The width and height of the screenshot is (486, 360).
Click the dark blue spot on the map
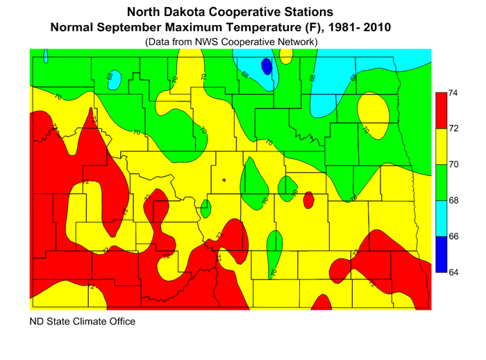[x=265, y=67]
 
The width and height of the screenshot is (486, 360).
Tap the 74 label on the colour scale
[x=451, y=92]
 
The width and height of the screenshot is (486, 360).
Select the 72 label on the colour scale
[x=451, y=129]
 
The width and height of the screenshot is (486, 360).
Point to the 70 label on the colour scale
[x=451, y=165]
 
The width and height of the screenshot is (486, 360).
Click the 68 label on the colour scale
[x=451, y=201]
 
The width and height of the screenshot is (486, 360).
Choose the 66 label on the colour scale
[x=451, y=237]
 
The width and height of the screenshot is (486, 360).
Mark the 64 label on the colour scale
[x=451, y=272]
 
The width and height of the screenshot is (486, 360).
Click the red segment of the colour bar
[x=439, y=111]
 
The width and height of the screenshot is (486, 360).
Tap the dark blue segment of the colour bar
[x=439, y=254]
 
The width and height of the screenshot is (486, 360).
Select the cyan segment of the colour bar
[x=439, y=218]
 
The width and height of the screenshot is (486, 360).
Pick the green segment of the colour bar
[x=439, y=182]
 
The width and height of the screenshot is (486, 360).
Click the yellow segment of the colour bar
[x=439, y=147]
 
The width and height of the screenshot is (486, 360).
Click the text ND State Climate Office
[x=82, y=322]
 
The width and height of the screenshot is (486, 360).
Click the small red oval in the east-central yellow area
[x=308, y=199]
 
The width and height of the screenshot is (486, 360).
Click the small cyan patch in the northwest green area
[x=117, y=81]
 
